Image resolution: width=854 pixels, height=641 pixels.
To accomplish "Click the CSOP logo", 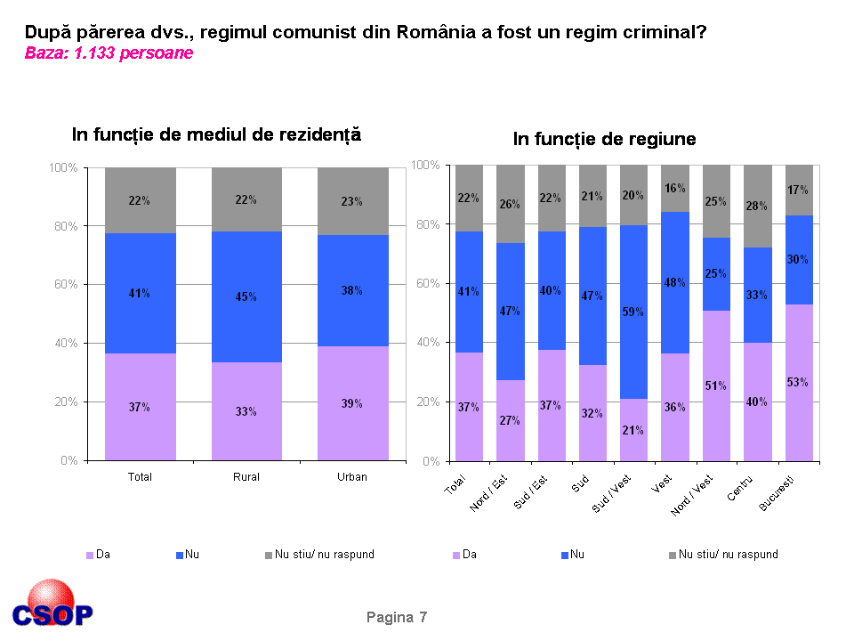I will pyautogui.click(x=52, y=605).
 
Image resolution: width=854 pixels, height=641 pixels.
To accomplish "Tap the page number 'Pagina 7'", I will pyautogui.click(x=397, y=617).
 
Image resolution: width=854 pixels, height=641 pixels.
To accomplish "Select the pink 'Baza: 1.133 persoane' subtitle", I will pyautogui.click(x=109, y=53).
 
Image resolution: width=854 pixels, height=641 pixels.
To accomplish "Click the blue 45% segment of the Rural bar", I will pyautogui.click(x=246, y=296).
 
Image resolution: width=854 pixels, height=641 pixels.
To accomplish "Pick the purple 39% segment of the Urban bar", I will pyautogui.click(x=352, y=403).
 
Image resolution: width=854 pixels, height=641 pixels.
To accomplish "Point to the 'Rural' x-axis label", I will pyautogui.click(x=246, y=477).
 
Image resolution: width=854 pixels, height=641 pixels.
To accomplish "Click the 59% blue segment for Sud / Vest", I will pyautogui.click(x=633, y=312).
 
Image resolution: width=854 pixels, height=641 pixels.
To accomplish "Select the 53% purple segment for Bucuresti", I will pyautogui.click(x=799, y=383).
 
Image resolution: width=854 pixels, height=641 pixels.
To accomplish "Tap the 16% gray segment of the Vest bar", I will pyautogui.click(x=675, y=188).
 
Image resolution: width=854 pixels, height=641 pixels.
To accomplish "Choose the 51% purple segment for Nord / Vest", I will pyautogui.click(x=716, y=385).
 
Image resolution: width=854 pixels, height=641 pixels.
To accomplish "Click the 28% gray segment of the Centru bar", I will pyautogui.click(x=757, y=207).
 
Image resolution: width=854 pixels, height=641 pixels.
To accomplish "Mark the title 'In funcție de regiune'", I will pyautogui.click(x=604, y=140).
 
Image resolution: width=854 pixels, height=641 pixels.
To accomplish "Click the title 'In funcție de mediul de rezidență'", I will pyautogui.click(x=216, y=135).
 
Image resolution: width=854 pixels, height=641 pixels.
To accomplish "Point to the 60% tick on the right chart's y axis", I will pyautogui.click(x=427, y=284).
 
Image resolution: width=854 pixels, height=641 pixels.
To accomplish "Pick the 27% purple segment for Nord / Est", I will pyautogui.click(x=510, y=420).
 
